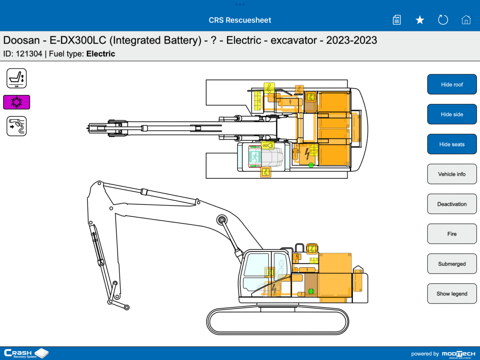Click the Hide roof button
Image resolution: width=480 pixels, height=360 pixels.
coord(452,84)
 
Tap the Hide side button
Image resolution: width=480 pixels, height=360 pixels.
coord(452,114)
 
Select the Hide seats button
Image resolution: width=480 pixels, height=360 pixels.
coord(452,144)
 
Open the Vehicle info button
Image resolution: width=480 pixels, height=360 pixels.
coord(452,174)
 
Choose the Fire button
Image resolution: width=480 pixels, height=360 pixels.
coord(452,234)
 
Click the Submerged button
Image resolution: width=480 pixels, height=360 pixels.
coord(452,264)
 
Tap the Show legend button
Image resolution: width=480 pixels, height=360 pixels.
coord(452,294)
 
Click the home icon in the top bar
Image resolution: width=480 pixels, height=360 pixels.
coord(466,20)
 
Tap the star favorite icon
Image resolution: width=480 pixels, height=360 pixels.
coord(420,20)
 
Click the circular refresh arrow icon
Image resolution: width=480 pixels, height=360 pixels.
coord(443,20)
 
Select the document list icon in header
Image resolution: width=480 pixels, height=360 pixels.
coord(396,20)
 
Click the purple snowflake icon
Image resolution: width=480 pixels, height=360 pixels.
coord(16,102)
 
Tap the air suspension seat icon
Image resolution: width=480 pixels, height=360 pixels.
coord(16,78)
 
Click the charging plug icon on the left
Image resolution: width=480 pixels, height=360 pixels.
coord(16,126)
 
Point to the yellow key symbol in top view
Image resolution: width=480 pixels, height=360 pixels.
coord(268,146)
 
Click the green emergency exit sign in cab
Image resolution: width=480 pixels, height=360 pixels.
coord(254,156)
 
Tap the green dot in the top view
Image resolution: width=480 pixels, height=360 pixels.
coord(311,165)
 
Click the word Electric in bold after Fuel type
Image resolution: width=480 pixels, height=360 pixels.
coord(101,54)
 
